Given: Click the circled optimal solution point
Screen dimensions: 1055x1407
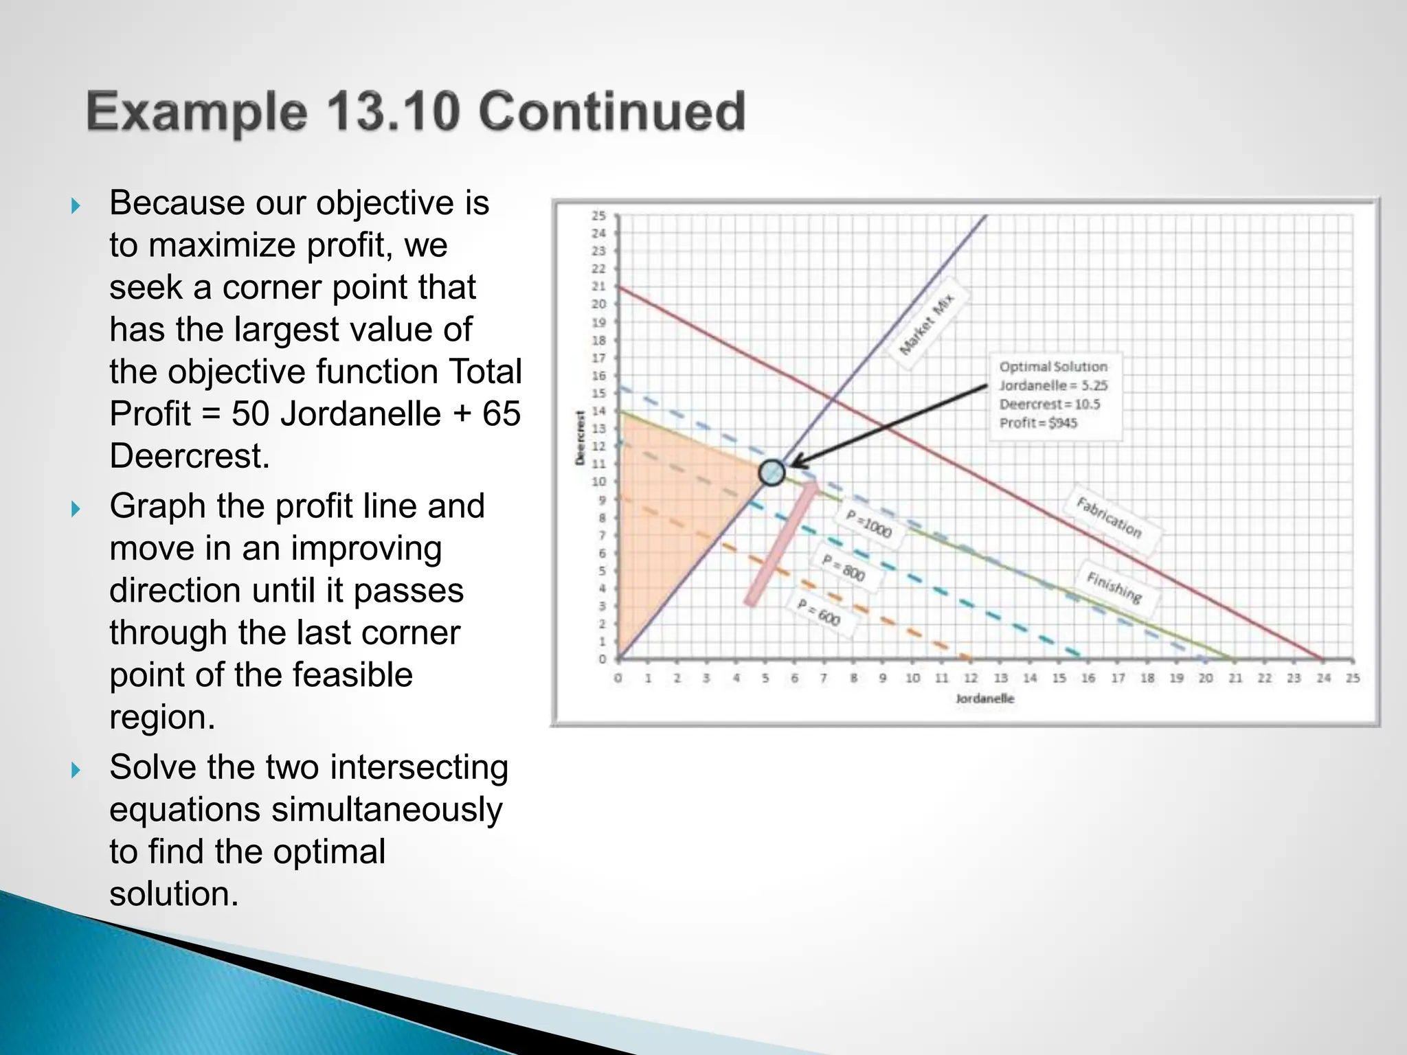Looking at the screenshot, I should tap(772, 473).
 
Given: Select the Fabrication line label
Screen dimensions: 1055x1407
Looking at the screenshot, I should tap(1109, 517).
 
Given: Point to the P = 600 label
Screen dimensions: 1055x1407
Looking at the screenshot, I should tap(818, 612).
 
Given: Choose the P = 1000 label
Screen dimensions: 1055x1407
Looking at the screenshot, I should tap(868, 524).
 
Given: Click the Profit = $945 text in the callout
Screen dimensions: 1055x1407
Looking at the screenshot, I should tap(1038, 423).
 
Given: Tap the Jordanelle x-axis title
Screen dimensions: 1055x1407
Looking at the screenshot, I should tap(984, 699).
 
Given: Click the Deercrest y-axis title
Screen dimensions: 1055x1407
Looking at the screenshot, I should tap(580, 438).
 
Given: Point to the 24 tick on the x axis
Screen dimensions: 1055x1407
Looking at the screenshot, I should tap(1323, 678).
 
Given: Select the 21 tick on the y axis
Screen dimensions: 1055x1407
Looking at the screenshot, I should tap(599, 286).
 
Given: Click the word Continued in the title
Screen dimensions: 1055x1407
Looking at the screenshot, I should tap(611, 111).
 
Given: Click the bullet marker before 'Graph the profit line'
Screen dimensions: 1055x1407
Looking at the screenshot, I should tap(76, 509).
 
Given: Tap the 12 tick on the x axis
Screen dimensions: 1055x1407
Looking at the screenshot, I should tap(970, 678).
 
